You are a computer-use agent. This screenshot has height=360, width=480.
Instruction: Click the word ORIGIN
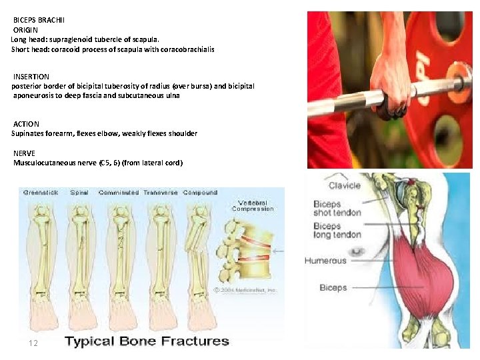26,30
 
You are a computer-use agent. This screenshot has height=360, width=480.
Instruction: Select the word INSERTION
31,77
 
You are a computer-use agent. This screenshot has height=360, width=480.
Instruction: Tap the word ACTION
26,124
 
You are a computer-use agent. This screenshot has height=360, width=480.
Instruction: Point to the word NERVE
25,153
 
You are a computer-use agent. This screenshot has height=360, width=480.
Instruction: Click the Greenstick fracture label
41,193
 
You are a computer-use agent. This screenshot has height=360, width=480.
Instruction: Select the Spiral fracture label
79,193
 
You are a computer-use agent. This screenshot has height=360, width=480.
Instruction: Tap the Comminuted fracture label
119,193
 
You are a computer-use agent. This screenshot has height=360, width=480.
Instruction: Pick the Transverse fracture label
159,193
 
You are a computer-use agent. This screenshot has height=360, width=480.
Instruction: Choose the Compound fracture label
200,193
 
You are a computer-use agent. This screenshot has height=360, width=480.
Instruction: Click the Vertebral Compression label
253,205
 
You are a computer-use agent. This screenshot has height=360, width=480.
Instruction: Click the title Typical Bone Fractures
147,341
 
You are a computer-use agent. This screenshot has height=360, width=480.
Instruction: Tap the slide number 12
33,343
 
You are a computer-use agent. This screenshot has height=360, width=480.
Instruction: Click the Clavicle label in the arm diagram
345,185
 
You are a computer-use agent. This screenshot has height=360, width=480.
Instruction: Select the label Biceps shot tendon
337,208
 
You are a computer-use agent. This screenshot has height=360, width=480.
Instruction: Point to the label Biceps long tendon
337,231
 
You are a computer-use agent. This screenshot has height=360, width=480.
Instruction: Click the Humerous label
325,261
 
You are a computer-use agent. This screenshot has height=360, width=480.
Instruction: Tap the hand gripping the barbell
393,87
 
